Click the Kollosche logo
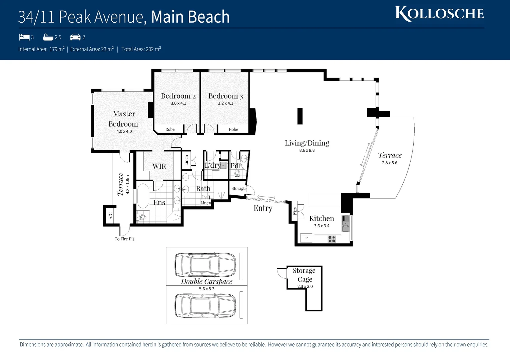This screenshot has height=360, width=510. point(439,14)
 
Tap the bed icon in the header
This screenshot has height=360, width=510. point(24,37)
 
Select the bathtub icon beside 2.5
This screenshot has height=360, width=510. point(48,37)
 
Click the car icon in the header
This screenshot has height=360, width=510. point(75,37)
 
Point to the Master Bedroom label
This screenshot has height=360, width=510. point(123,119)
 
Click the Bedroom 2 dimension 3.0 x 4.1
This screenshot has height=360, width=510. point(178,103)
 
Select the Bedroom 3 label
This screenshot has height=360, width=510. point(225,96)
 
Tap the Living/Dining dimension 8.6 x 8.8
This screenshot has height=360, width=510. point(307,150)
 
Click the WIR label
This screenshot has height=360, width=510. point(159,166)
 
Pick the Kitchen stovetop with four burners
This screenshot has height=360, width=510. point(332,239)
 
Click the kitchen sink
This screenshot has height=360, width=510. point(345,224)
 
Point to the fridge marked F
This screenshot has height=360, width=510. point(306,238)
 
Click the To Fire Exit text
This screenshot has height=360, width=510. point(124,239)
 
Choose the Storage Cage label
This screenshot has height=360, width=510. point(305,275)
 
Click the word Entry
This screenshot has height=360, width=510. point(263,208)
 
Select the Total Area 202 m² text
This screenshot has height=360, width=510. point(141,49)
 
